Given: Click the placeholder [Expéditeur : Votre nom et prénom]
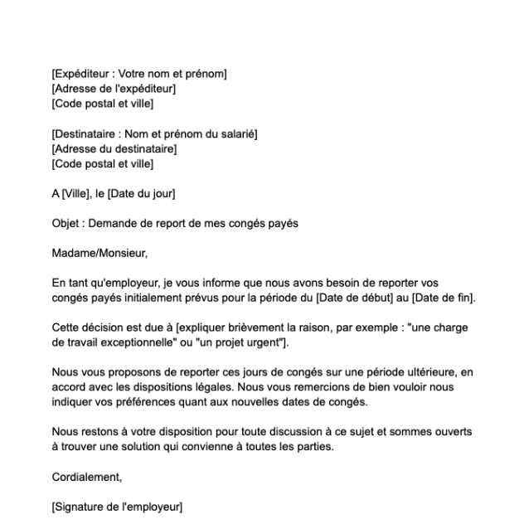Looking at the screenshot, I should click(x=139, y=75).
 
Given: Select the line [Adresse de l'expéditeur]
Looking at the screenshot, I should click(x=114, y=89).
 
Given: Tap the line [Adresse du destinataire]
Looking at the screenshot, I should click(x=114, y=149).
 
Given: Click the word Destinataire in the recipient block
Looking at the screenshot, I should click(x=87, y=134).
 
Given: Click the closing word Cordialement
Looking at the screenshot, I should click(x=86, y=478).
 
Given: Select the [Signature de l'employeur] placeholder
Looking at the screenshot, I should click(x=117, y=507).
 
